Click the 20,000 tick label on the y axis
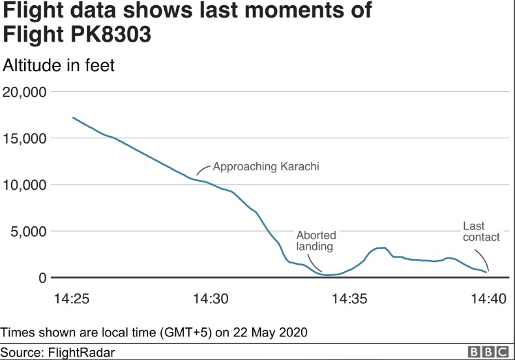(24, 92)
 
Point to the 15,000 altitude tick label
(24, 138)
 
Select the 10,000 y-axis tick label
(24, 185)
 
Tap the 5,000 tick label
(28, 232)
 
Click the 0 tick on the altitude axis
(42, 278)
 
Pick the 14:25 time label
(72, 299)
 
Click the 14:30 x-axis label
(211, 299)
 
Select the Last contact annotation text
(481, 232)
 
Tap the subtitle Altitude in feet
(59, 65)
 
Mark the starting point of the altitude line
(72, 117)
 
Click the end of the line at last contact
(487, 272)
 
